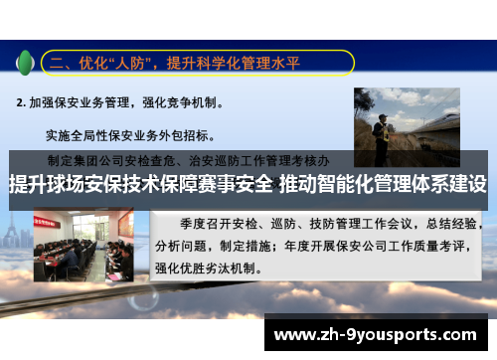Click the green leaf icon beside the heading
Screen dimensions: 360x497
25,62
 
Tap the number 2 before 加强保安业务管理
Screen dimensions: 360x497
21,101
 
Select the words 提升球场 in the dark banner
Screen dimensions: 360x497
45,184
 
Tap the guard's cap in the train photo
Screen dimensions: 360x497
379,118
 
